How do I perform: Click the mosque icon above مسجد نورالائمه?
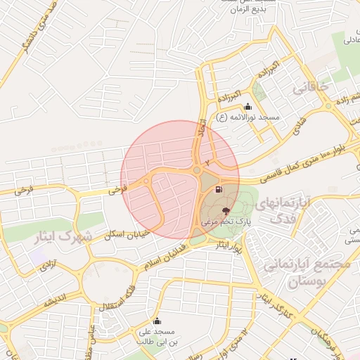[x=247, y=107]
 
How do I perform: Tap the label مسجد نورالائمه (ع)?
[x=248, y=117]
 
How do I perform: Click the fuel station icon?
[x=219, y=189]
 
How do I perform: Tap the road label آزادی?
[x=47, y=264]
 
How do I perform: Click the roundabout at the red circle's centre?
[x=197, y=170]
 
